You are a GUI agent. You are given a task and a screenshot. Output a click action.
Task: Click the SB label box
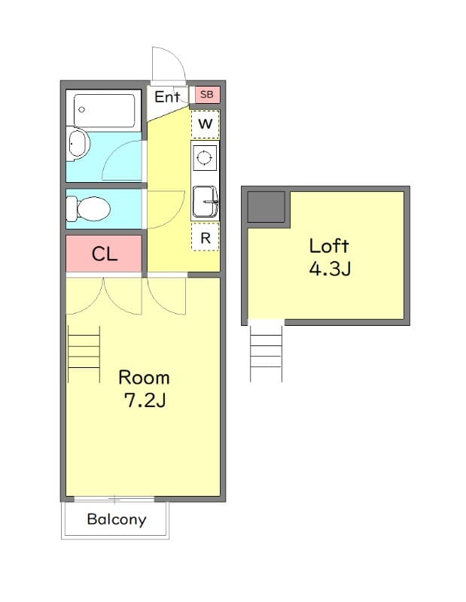pos(207,95)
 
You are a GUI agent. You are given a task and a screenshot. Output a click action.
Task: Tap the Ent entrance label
pos(167,97)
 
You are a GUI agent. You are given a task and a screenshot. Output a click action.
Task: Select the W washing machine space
pos(206,124)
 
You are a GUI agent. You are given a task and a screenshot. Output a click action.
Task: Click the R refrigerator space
pos(206,238)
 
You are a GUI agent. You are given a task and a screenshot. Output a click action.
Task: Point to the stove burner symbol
pos(204,157)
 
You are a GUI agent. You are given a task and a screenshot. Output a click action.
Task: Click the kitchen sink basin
pos(205,201)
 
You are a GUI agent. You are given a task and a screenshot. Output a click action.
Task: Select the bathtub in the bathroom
pos(104,110)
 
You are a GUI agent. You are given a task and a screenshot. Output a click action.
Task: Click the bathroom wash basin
pos(78,144)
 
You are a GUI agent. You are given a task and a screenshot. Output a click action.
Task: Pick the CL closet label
pos(104,254)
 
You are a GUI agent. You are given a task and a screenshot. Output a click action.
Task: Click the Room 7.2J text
pos(144,388)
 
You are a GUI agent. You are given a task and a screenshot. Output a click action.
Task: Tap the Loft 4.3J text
pos(330,257)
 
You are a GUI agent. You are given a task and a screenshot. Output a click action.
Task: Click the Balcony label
pos(117,519)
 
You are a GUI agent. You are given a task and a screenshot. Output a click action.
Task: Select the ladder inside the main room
pos(84,354)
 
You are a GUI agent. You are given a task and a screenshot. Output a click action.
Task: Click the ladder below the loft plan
pos(266,354)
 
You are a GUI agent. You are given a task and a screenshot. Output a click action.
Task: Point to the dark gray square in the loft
pos(266,206)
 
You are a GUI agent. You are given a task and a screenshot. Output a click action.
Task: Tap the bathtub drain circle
pos(81,110)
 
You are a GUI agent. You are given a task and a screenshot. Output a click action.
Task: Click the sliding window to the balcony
pos(114,500)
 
